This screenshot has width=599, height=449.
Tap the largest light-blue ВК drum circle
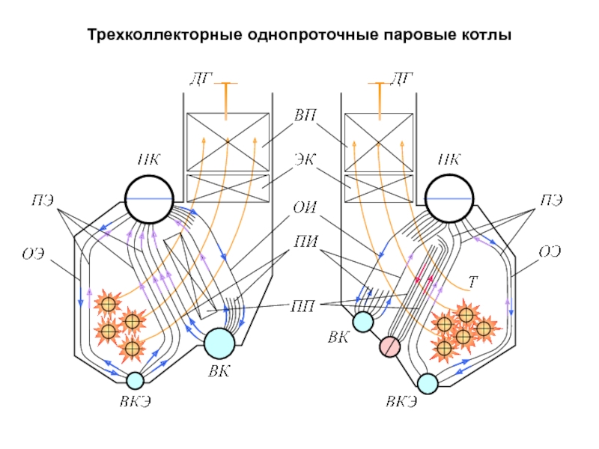[x=220, y=343]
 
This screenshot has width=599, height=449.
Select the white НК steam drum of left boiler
[x=149, y=198]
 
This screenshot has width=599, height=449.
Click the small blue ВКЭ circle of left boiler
[x=135, y=381]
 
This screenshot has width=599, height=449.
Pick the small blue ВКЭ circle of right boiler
[x=428, y=384]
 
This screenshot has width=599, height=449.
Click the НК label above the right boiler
[x=449, y=159]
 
